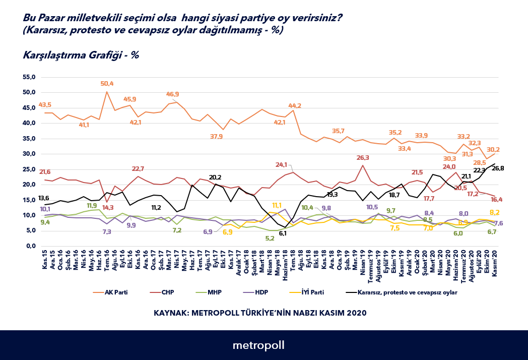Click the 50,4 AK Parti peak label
tap(107, 84)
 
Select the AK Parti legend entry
tap(116, 292)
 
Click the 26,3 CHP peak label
tap(363, 158)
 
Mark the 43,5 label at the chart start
tap(45, 105)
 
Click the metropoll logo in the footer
tap(258, 345)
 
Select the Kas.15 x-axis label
tap(45, 261)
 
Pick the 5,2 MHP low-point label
tap(270, 238)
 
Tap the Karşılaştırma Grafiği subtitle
tap(81, 55)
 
